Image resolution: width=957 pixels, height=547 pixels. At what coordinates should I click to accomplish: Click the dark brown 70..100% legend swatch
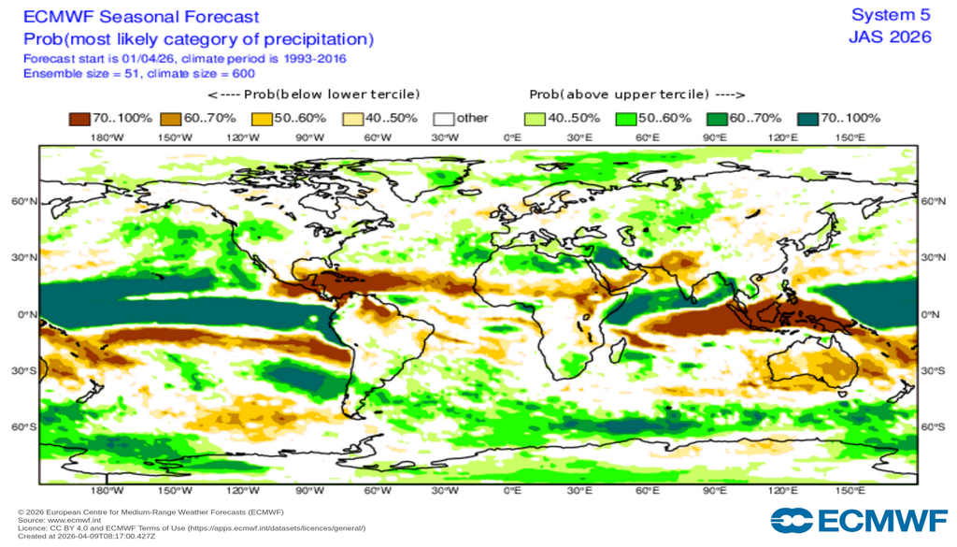79,119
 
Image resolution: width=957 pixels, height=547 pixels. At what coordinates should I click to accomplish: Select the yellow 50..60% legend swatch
262,119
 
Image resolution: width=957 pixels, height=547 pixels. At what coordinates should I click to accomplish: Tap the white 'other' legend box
443,119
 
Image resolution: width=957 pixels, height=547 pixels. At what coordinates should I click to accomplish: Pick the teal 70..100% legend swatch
807,119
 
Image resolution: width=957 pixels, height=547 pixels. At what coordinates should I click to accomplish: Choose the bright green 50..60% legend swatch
625,119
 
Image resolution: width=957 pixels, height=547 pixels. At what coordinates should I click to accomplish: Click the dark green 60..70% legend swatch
717,119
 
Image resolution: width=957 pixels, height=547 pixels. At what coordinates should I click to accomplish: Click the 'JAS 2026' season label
890,37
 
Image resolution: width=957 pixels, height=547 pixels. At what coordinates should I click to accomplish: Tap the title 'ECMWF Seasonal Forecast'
141,17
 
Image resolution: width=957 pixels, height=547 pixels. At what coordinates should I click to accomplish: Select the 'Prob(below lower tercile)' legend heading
314,94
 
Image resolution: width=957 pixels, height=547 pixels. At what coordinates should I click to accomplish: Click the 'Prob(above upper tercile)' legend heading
636,94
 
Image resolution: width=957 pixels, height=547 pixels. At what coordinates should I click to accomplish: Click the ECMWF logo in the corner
858,520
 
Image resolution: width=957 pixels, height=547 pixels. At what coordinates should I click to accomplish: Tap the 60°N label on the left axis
24,202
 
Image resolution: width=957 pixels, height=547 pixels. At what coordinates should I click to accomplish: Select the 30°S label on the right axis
933,371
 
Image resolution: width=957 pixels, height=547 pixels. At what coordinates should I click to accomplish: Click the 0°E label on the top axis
512,137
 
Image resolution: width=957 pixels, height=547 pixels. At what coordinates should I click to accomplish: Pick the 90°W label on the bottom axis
309,490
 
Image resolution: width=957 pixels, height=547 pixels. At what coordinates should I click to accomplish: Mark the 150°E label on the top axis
850,137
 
